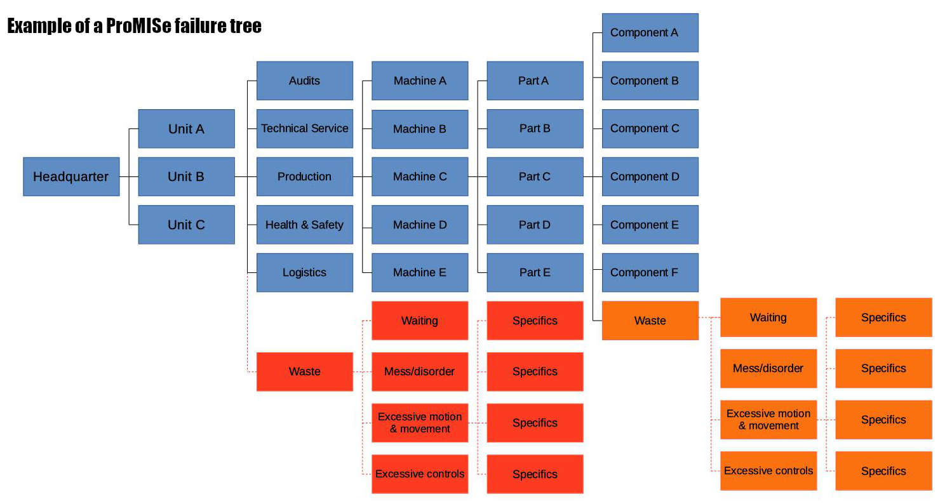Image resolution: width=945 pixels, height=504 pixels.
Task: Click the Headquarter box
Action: coord(71,176)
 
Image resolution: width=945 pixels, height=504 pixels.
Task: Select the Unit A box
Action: coord(186,129)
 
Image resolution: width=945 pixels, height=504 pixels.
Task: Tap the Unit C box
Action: coord(186,225)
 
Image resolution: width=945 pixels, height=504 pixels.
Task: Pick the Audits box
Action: coord(304,81)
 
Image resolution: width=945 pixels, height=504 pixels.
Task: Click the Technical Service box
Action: coord(304,128)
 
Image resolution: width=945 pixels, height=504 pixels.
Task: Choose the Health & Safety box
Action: coord(304,225)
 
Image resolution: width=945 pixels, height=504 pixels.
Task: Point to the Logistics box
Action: coord(304,272)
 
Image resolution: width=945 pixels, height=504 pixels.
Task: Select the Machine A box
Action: coord(420,81)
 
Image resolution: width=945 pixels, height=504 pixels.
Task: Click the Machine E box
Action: coord(420,272)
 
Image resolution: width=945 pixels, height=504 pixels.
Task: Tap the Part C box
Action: coord(535,176)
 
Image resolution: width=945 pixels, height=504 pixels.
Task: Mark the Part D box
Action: coord(535,225)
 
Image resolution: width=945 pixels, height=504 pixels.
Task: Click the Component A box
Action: coord(650,32)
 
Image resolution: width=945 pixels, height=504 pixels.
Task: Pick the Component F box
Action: coord(650,272)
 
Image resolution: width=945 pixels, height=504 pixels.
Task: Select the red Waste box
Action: coord(304,371)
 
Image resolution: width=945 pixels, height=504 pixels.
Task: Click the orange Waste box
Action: coord(650,321)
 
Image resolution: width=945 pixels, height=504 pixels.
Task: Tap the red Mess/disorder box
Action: coord(420,371)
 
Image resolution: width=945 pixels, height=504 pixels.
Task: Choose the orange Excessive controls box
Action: coord(768,471)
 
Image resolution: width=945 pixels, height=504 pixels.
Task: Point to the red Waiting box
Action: coord(420,321)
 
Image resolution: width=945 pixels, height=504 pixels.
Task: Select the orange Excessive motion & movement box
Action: coord(768,420)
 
